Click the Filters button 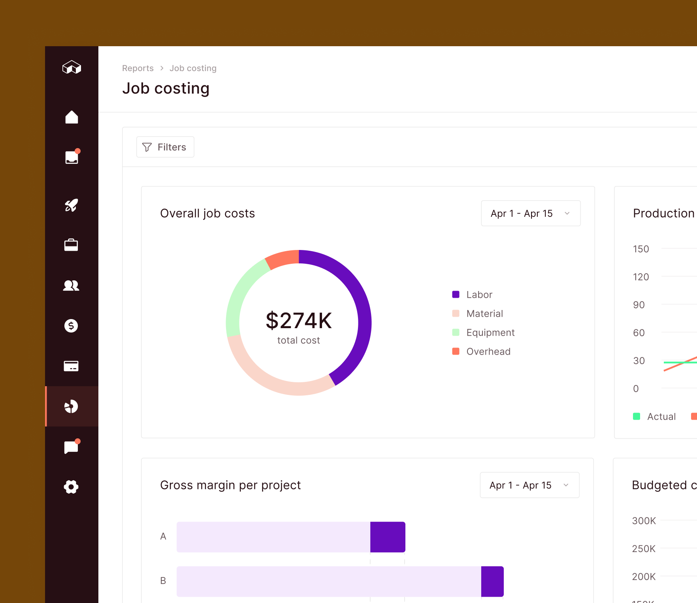tap(165, 147)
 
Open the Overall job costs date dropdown tap(530, 213)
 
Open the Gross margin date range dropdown tap(529, 485)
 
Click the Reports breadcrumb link tap(138, 68)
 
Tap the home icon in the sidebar tap(72, 117)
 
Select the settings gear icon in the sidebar tap(71, 487)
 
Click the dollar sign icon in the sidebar tap(71, 326)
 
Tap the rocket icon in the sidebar tap(71, 205)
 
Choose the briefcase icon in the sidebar tap(71, 245)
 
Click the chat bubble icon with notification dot tap(71, 447)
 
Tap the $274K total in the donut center tap(299, 321)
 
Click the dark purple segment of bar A tap(388, 537)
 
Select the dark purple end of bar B tap(492, 581)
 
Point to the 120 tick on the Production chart tap(641, 277)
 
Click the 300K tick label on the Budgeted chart tap(644, 521)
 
